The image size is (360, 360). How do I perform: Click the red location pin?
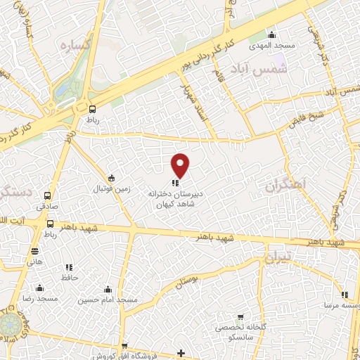pos(181,165)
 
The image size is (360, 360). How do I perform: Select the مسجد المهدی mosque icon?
pos(273,36)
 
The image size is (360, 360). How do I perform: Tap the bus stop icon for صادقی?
pos(47,196)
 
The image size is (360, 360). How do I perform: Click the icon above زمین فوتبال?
pos(110,177)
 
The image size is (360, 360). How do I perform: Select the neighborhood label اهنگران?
pos(287,186)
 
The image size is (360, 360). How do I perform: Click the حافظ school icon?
pos(69,267)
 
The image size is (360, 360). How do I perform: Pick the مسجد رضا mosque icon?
pos(39,288)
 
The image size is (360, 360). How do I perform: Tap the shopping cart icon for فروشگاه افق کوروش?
pos(124,346)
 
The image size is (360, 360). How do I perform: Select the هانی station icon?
pos(34,250)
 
